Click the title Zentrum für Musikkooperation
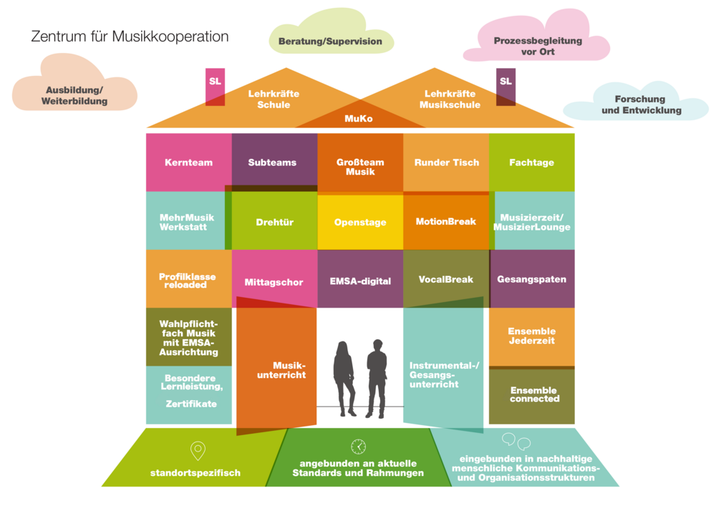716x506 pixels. coord(130,37)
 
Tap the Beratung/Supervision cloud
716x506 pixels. coord(330,42)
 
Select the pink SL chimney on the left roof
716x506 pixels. coord(215,83)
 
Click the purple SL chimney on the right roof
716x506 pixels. coord(506,83)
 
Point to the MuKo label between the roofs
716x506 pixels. coord(359,118)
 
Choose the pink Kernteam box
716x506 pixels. coord(188,162)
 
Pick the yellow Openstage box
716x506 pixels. coord(360,222)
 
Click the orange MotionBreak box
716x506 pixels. coord(446,222)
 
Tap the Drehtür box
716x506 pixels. coord(275,222)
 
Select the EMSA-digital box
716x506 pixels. coord(360,281)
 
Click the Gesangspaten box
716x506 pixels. coord(531,279)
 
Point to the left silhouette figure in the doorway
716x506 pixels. coord(344,379)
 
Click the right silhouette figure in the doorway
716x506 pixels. coord(377,379)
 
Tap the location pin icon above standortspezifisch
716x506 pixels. coord(198,450)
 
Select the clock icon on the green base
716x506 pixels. coord(358,447)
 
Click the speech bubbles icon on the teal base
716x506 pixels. coord(516,441)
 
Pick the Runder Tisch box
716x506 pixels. coord(446,162)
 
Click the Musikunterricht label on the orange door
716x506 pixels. coord(289,370)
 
